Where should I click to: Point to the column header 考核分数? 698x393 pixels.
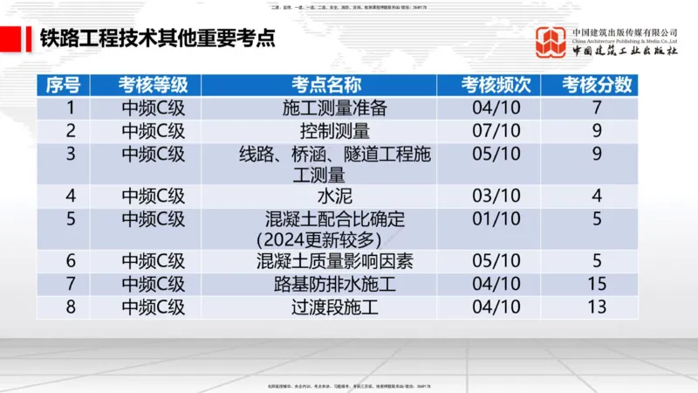(x=597, y=86)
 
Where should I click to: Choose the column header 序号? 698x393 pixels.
(x=63, y=86)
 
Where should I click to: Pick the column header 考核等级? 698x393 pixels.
(x=154, y=86)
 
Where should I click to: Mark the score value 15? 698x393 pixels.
(x=597, y=284)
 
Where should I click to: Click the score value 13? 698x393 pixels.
(x=597, y=307)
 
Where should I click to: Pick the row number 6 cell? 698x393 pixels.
(x=72, y=261)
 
